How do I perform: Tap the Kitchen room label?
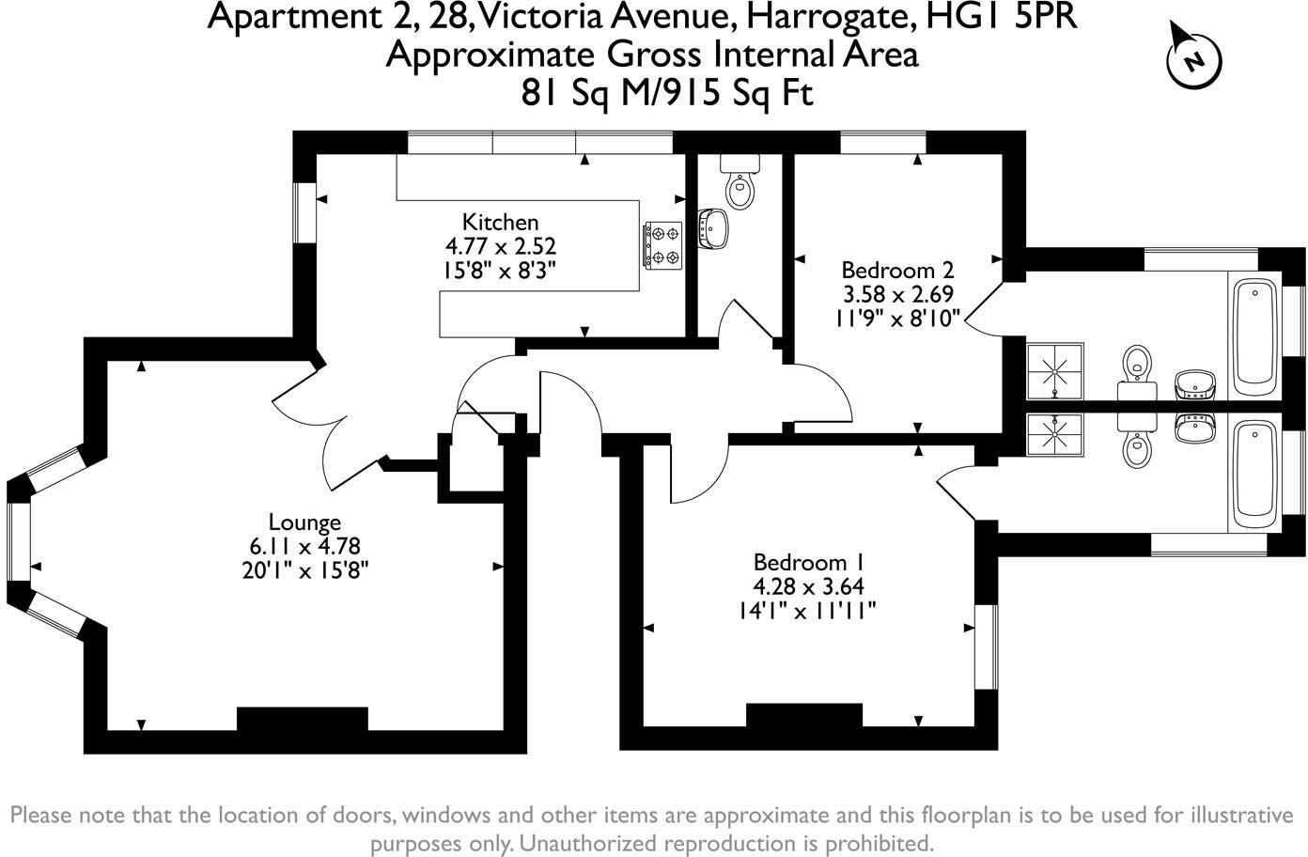pyautogui.click(x=500, y=223)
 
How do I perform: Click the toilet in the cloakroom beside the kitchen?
pyautogui.click(x=740, y=189)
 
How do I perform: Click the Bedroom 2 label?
pyautogui.click(x=897, y=270)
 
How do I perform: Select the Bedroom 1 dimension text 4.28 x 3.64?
pyautogui.click(x=808, y=587)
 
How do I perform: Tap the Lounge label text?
pyautogui.click(x=304, y=522)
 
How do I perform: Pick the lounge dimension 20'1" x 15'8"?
pyautogui.click(x=304, y=569)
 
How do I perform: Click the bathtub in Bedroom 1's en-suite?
pyautogui.click(x=1252, y=473)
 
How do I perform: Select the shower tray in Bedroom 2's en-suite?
pyautogui.click(x=1055, y=370)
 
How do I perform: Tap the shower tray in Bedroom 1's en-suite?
pyautogui.click(x=1055, y=433)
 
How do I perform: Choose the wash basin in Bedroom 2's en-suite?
pyautogui.click(x=1194, y=383)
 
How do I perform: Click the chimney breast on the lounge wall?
pyautogui.click(x=302, y=719)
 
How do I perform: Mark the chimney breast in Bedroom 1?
pyautogui.click(x=804, y=715)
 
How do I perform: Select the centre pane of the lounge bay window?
pyautogui.click(x=18, y=544)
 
